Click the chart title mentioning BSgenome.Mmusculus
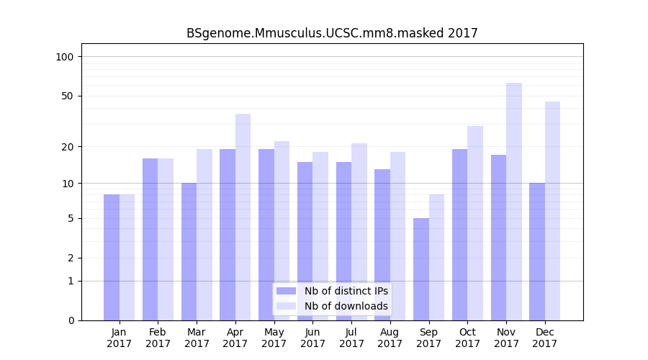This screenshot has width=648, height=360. (332, 33)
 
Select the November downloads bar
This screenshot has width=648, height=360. (514, 202)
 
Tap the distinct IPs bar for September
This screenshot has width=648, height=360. (421, 269)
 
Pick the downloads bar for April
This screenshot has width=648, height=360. (243, 217)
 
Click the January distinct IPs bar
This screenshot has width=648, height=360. (112, 257)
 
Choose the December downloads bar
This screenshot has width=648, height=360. (552, 211)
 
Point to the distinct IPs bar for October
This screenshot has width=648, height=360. (460, 235)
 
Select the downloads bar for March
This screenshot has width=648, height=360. (204, 235)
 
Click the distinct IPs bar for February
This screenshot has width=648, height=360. (150, 239)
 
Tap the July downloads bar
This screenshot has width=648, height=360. (359, 232)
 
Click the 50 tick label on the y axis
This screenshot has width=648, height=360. (67, 96)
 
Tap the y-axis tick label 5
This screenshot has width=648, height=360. (70, 218)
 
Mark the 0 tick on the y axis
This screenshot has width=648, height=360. (70, 320)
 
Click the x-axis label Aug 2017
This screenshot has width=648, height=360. (390, 338)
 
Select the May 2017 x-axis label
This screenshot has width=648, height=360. (274, 338)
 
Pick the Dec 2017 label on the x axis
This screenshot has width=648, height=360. (545, 338)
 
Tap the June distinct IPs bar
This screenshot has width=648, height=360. (305, 241)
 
